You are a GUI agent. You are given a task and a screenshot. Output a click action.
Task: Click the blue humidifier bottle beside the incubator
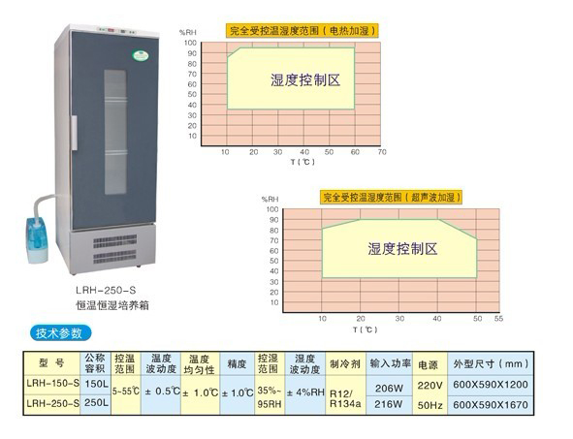(37, 239)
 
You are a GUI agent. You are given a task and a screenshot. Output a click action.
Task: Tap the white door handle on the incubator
(75, 133)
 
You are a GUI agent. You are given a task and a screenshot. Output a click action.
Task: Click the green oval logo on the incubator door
(141, 55)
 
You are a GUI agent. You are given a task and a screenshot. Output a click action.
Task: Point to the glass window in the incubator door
(115, 132)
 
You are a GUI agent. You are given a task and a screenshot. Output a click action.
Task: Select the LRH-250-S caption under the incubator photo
(106, 291)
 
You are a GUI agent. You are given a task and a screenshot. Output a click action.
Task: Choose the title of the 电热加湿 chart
(302, 31)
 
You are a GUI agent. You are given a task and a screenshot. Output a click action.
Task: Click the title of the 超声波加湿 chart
(391, 198)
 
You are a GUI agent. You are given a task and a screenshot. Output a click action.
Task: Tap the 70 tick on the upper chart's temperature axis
(382, 152)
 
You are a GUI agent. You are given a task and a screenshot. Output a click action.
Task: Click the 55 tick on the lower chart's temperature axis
(498, 319)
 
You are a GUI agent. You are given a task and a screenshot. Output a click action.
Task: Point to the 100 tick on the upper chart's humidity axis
(190, 43)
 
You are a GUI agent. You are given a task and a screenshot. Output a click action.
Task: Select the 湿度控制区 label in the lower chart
(402, 249)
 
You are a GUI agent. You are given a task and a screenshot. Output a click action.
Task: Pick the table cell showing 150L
(97, 384)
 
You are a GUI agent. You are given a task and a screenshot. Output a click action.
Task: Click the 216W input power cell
(389, 404)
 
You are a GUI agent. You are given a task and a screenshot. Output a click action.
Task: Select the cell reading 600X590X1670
(491, 405)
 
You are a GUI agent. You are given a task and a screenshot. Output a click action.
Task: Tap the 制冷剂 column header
(345, 363)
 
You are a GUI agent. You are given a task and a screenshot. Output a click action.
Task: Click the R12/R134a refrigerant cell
(345, 398)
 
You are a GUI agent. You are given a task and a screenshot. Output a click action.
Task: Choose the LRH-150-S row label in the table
(52, 384)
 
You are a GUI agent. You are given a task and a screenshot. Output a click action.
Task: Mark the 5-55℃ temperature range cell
(126, 392)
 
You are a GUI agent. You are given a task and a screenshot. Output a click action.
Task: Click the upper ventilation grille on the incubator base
(114, 241)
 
